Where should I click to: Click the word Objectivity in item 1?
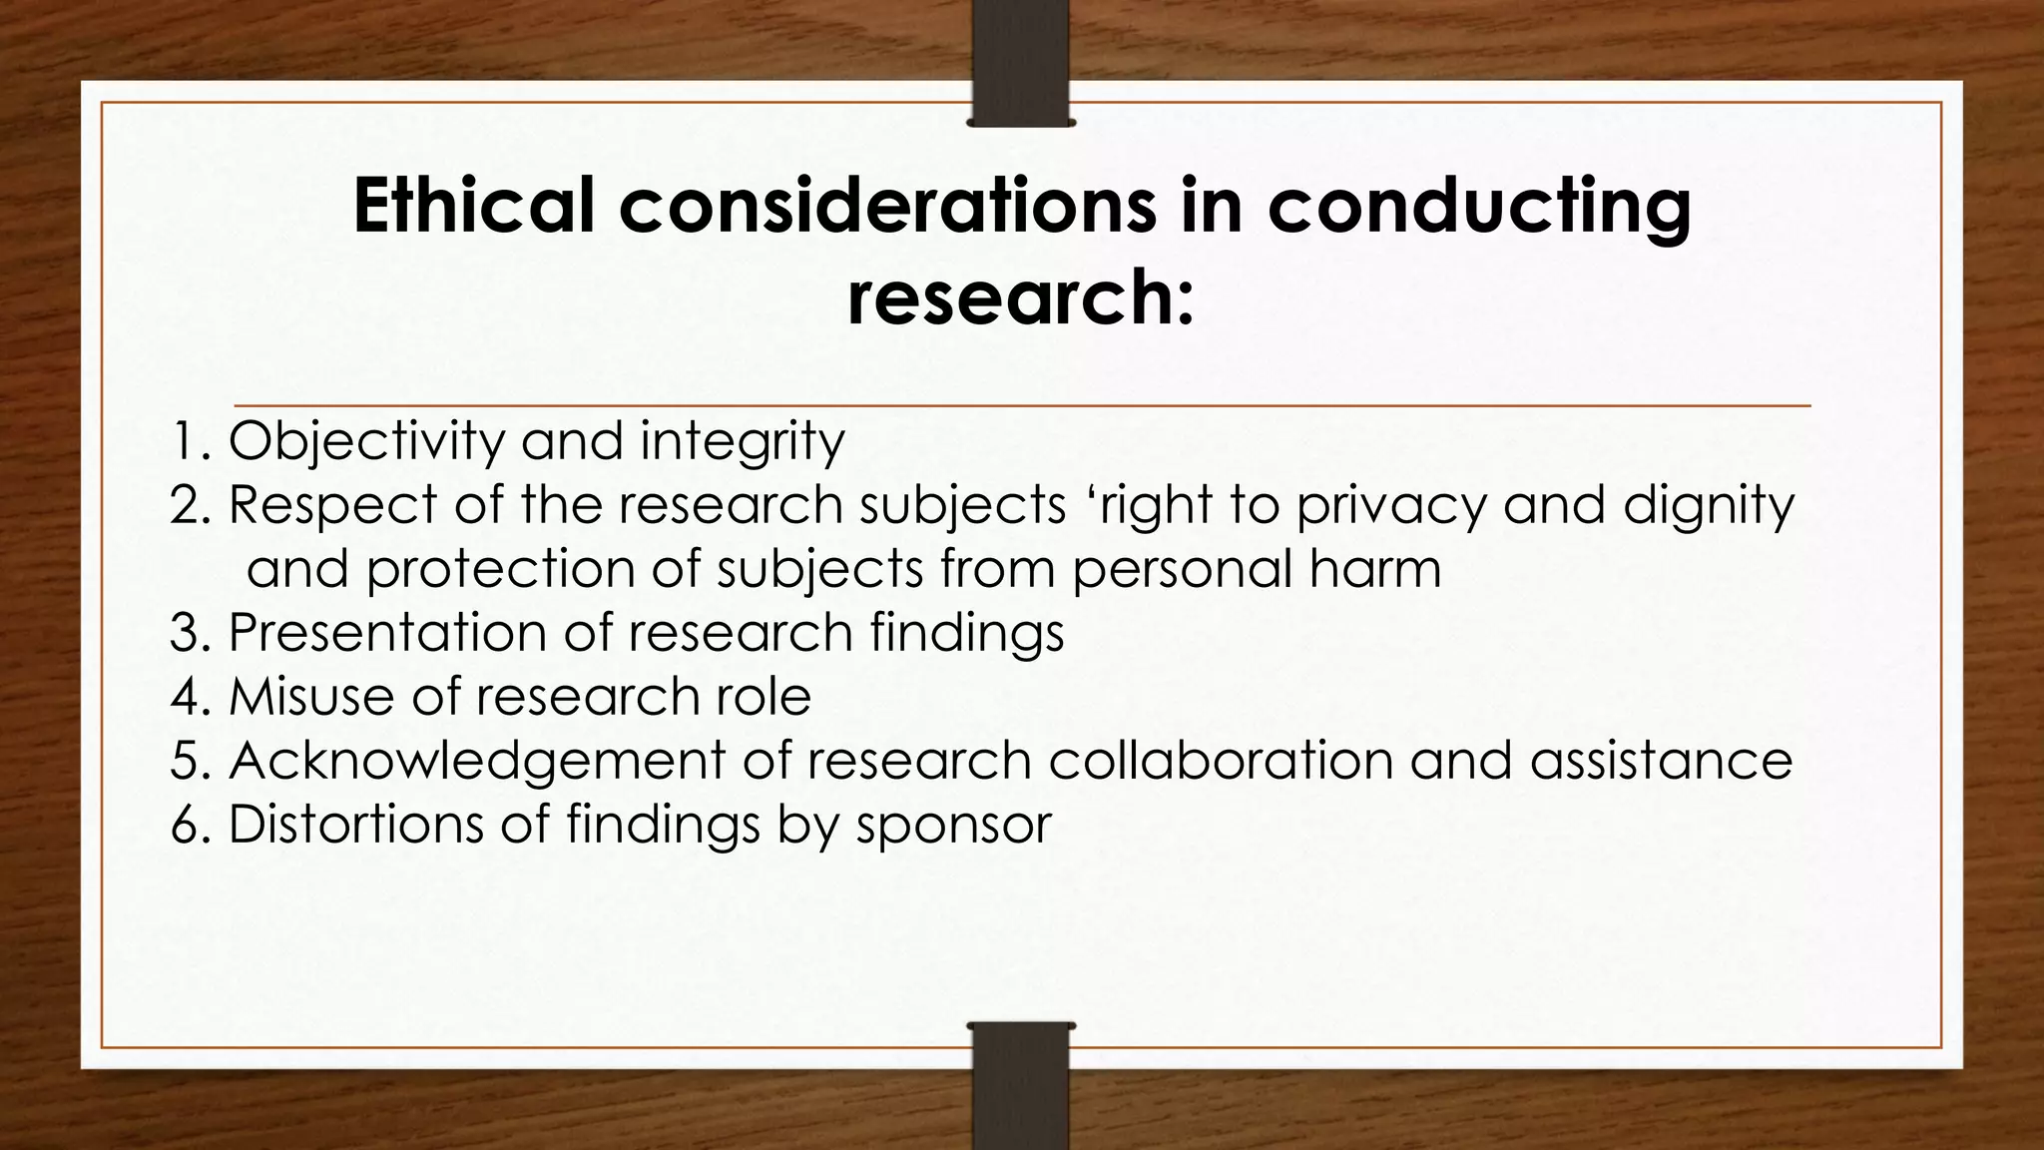pyautogui.click(x=366, y=441)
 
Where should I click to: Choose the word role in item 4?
pyautogui.click(x=763, y=696)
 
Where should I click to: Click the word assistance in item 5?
pyautogui.click(x=1661, y=761)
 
